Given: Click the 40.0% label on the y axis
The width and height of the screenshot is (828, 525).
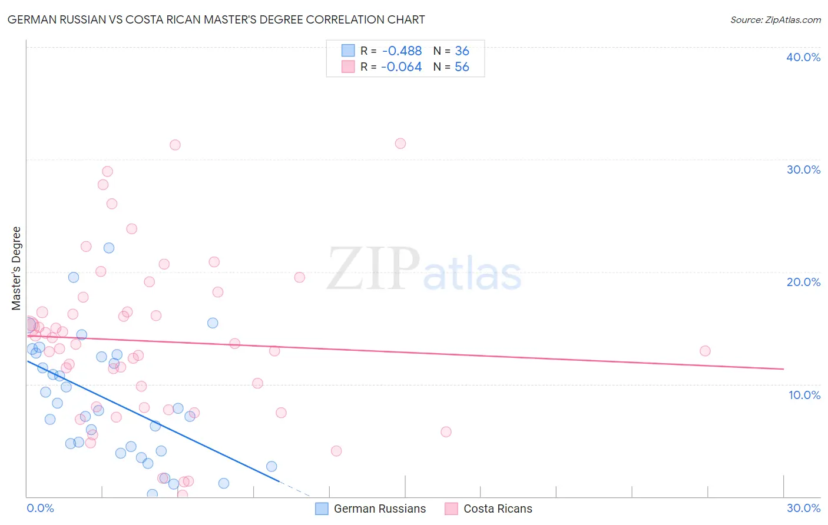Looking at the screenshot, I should pos(803,57).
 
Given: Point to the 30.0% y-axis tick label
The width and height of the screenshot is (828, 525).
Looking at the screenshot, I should pos(803,170).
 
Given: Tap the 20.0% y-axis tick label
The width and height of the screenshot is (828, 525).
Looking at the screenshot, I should pos(803,282).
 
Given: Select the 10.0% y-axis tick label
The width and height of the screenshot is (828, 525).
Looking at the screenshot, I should pos(804,395).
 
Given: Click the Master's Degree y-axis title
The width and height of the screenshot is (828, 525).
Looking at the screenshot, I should pos(16,268).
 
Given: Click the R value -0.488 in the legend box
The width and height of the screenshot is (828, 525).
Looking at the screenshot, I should pos(402,51).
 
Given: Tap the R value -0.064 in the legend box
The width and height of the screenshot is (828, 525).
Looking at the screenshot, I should pos(402,67).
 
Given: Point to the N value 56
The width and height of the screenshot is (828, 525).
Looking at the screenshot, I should pos(462,67).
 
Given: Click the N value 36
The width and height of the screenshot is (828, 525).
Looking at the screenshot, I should pos(462,51).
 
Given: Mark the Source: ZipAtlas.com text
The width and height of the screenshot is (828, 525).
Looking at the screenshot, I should pos(775,20).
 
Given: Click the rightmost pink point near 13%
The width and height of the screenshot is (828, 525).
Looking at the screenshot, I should pos(705,351).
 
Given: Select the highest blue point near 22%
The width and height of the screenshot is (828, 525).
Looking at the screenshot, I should pos(109,248).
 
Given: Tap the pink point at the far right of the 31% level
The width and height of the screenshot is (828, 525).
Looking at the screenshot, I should pos(400,144).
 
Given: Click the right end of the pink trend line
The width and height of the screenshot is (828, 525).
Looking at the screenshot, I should pos(783,369).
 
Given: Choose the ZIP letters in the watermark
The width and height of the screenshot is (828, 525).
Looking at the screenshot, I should pos(373,269).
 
